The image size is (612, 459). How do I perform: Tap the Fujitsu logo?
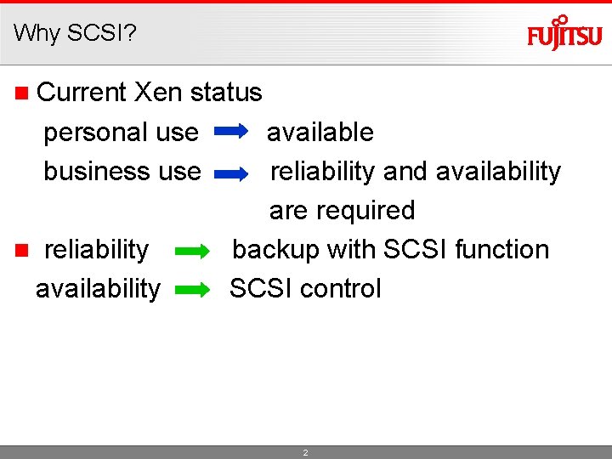(564, 34)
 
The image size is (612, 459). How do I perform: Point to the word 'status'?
(226, 92)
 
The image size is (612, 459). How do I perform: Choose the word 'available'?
(320, 133)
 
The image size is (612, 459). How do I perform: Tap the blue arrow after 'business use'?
(231, 173)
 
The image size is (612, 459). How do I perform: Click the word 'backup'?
(276, 250)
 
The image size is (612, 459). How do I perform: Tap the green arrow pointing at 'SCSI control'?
(191, 290)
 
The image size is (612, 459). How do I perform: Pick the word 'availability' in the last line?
(97, 289)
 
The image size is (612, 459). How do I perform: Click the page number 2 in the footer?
(306, 453)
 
